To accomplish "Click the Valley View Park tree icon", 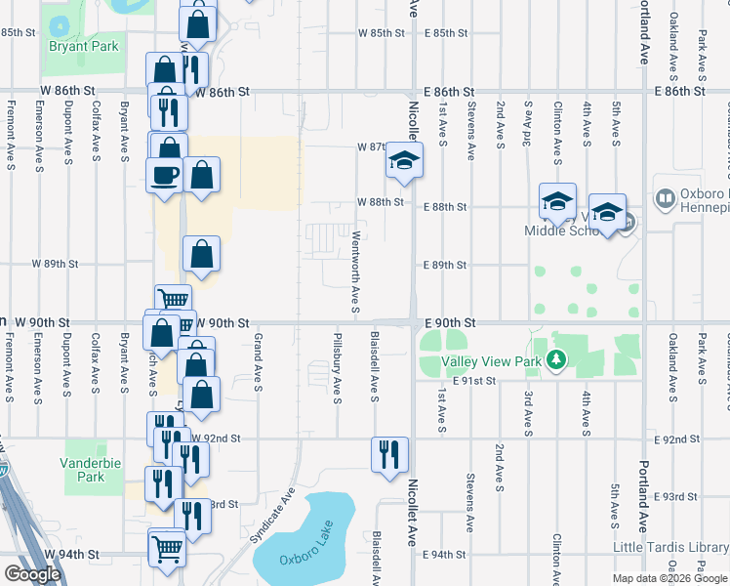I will tap(557, 361).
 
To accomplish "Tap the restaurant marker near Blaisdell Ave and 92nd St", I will tap(389, 454).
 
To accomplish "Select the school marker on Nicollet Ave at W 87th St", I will tap(404, 160).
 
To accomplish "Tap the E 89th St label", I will tap(445, 266).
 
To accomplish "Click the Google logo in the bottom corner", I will tap(32, 574).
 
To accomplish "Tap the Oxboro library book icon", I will tap(666, 199).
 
